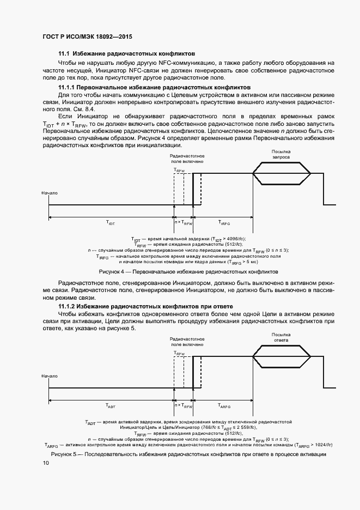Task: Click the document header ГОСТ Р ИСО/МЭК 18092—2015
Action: (x=88, y=37)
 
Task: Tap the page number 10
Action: (x=46, y=463)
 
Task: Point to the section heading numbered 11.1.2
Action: (x=145, y=307)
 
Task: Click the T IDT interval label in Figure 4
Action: (x=111, y=223)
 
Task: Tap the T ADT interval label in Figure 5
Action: (x=111, y=406)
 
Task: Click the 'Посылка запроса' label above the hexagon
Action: (x=281, y=154)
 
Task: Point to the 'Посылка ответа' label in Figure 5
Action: (x=281, y=337)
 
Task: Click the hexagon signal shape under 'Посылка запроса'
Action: (x=282, y=173)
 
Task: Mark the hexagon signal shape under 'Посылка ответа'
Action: (x=282, y=357)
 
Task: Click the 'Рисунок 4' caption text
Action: (x=188, y=271)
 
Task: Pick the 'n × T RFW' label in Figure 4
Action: (x=184, y=223)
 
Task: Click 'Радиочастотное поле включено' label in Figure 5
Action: (x=187, y=342)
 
